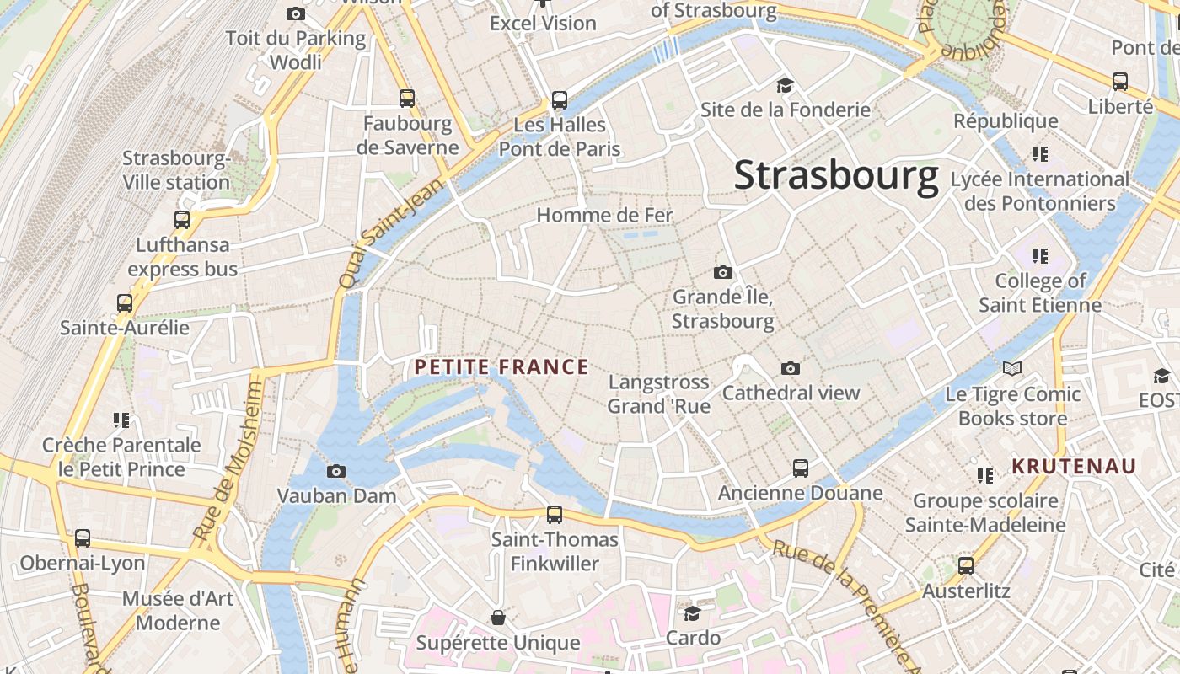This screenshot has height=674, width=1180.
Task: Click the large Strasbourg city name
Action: point(835,175)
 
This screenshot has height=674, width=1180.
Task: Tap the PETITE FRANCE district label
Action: point(501,366)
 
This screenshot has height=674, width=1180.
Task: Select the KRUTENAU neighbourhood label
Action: point(1074,466)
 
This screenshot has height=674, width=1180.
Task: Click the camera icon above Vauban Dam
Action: point(336,471)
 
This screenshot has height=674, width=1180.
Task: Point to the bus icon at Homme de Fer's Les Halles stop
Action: point(559,100)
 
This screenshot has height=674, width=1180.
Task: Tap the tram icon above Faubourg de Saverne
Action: point(407,99)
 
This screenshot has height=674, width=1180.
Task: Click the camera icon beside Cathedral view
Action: point(790,368)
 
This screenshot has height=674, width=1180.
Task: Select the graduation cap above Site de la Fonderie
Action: point(785,85)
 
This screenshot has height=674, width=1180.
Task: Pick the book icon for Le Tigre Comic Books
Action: point(1011,369)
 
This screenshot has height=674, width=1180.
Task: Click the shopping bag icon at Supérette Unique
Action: point(498,618)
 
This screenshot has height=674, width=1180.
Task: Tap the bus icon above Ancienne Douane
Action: point(800,468)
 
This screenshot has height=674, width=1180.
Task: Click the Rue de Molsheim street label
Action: point(228,461)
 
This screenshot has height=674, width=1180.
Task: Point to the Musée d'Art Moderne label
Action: point(178,611)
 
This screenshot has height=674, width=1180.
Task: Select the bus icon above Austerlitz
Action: point(966,566)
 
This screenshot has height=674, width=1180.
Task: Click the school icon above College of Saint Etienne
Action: point(1040,256)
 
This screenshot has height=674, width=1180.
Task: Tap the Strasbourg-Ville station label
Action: point(176,170)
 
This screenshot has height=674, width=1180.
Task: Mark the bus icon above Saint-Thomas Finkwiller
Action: point(554,514)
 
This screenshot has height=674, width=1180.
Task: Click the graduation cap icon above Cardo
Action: point(692,613)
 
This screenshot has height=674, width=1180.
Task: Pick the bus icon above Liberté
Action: point(1119,82)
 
